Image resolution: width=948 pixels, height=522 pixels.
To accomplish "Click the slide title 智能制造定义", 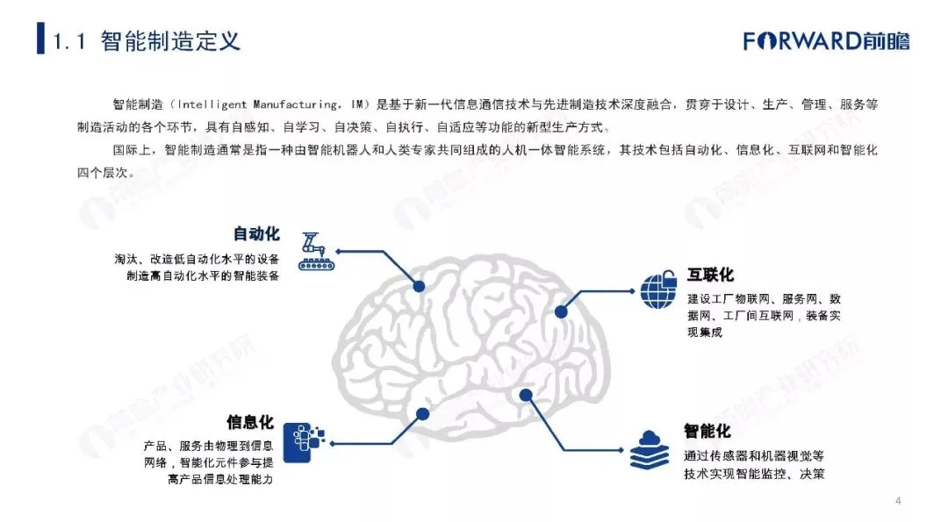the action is click(x=170, y=40).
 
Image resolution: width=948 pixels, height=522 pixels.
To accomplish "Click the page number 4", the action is click(x=898, y=502).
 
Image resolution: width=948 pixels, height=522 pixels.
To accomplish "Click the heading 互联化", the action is click(x=710, y=275).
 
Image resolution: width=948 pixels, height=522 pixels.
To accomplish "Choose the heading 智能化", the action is click(x=707, y=432).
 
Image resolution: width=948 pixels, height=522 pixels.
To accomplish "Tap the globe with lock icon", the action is click(x=659, y=290).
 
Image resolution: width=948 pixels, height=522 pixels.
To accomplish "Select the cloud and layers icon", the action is click(x=650, y=450).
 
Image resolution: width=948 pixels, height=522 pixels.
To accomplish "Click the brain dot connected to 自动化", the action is click(x=419, y=285).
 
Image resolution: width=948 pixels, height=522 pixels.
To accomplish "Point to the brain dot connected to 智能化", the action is click(x=524, y=395).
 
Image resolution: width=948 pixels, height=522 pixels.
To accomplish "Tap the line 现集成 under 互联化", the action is click(x=705, y=332).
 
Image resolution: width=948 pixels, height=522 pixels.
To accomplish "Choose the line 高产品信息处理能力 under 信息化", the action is click(x=226, y=480).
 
